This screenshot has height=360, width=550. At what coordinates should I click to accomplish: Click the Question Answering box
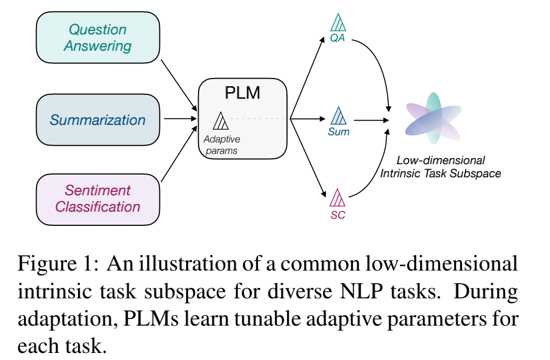point(98,38)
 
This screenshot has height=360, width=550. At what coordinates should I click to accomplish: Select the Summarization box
point(98,120)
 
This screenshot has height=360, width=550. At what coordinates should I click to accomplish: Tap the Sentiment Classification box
point(98,199)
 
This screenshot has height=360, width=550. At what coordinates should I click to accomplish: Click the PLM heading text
point(242,93)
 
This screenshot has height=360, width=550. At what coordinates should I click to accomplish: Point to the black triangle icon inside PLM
point(220,121)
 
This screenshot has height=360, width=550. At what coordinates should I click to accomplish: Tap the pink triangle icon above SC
point(338,196)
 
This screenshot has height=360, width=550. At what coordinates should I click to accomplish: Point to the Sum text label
point(339,131)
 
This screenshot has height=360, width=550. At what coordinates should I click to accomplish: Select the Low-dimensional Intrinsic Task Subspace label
point(440,167)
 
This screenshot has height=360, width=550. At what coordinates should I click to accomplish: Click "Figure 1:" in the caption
point(57,266)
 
